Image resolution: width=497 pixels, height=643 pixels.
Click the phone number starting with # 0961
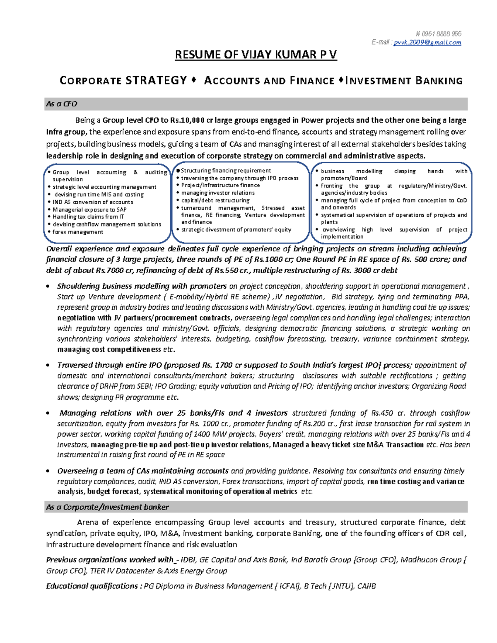[x=438, y=34]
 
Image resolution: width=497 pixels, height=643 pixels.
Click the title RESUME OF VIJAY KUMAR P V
[x=256, y=55]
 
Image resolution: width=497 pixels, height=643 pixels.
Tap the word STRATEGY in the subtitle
[x=157, y=80]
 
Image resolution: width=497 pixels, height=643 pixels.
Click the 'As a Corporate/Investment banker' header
[x=107, y=507]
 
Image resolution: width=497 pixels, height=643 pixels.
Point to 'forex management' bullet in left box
[x=78, y=232]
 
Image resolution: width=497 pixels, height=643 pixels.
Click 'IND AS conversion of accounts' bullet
[x=93, y=202]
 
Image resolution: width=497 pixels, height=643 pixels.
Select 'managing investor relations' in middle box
[x=218, y=193]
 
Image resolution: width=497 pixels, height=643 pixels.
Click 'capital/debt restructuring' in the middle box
[x=215, y=200]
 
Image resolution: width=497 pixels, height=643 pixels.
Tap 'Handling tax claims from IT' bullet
[x=88, y=217]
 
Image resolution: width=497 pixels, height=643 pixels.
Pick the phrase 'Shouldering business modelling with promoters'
[x=142, y=286]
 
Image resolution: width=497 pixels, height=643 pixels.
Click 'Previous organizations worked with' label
[x=109, y=560]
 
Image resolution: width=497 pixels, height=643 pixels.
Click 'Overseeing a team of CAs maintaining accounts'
[x=142, y=471]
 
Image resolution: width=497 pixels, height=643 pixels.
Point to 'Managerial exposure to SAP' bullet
[x=89, y=210]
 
